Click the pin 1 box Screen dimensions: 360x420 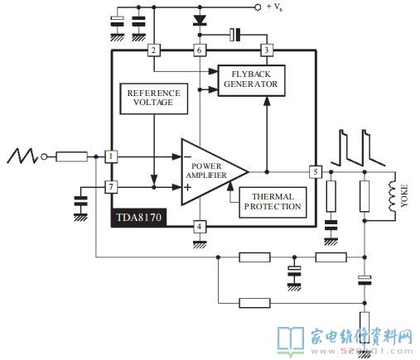pos(112,156)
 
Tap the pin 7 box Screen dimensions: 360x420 pos(112,187)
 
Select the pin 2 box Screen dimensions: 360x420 pos(153,50)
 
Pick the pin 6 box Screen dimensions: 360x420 pos(199,50)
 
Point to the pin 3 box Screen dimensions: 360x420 pos(267,50)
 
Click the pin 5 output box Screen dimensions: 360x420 pos(315,171)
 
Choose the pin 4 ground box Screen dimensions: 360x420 pos(199,226)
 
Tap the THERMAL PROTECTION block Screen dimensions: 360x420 pos(270,200)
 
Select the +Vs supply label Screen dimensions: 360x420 pos(278,7)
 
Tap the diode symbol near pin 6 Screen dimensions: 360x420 pos(199,18)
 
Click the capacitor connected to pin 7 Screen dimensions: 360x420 pos(80,200)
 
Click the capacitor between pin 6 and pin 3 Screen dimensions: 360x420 pos(235,35)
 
